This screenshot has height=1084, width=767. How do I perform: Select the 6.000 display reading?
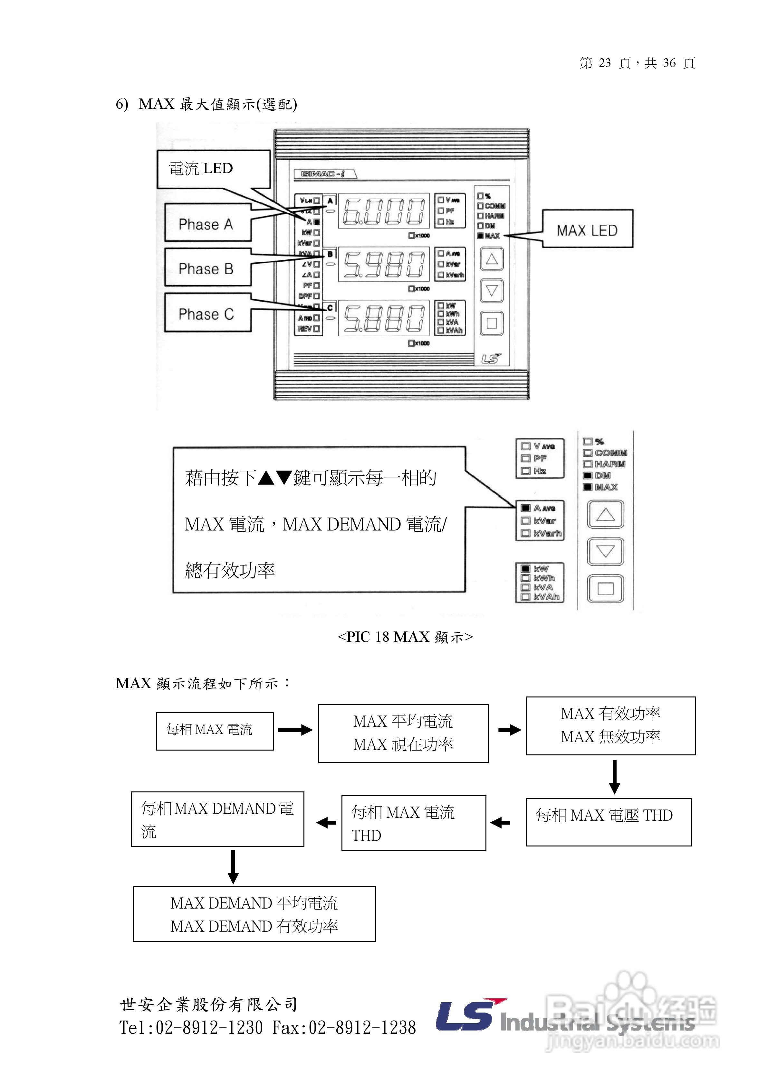[x=383, y=211]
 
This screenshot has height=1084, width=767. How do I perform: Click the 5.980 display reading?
[x=383, y=264]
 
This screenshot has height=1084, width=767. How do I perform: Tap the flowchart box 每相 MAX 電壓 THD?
[x=608, y=821]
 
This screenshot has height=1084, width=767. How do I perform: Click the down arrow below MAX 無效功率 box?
[x=614, y=777]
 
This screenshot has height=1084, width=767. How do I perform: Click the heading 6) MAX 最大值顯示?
[x=206, y=104]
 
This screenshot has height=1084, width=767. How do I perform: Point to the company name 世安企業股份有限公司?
[x=208, y=1004]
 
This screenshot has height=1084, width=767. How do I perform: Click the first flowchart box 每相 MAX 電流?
[x=215, y=731]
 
